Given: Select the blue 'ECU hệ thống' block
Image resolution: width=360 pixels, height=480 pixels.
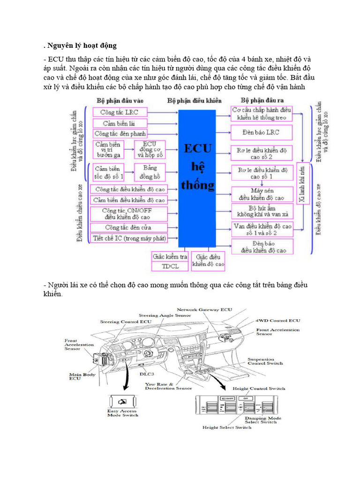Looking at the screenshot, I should coord(197,178).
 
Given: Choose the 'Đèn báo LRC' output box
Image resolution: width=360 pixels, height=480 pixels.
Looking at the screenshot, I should coord(262,132).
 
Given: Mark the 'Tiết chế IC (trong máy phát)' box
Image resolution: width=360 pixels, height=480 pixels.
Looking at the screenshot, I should coord(129,238).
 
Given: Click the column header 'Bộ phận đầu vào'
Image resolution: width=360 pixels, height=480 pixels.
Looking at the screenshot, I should coord(120,100).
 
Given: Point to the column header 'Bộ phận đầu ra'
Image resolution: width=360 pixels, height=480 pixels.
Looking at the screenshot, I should coord(263,100).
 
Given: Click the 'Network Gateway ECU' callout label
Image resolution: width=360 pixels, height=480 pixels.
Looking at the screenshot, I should coord(204,310).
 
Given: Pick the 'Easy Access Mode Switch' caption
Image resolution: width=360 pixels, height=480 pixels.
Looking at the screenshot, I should coord(122,412).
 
